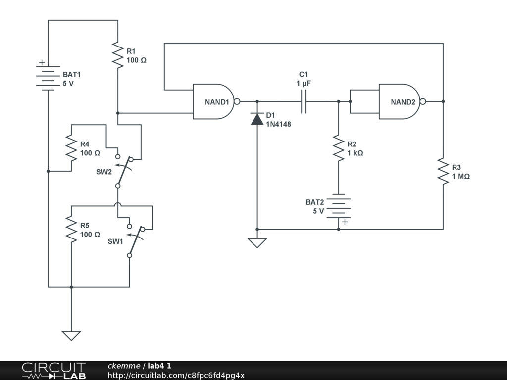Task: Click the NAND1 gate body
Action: tap(213, 101)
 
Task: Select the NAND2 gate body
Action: tap(400, 101)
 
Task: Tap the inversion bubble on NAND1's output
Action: tap(237, 101)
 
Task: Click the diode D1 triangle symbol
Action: tap(257, 119)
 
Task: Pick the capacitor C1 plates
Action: tap(304, 101)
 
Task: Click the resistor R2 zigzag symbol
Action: tap(339, 148)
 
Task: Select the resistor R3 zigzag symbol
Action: tap(443, 171)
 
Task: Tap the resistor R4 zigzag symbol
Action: tap(71, 148)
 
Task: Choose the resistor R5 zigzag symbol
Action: tap(71, 229)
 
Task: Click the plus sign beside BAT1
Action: tap(42, 62)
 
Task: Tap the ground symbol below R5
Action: tap(71, 336)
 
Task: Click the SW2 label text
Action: tap(104, 172)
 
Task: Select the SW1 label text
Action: tap(115, 241)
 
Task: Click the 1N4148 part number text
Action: tap(278, 124)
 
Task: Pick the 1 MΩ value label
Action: tap(461, 176)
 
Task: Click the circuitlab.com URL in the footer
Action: tap(176, 375)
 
